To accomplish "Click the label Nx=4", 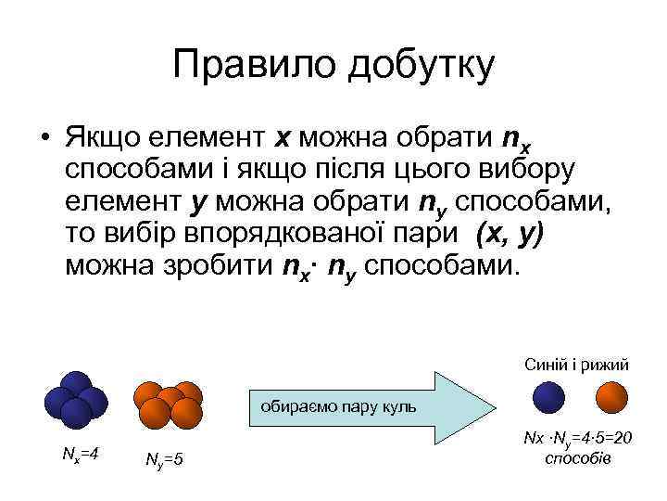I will [81, 454].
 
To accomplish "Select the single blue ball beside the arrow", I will [550, 400].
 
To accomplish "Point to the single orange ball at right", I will [611, 400].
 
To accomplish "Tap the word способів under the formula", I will [579, 458].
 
